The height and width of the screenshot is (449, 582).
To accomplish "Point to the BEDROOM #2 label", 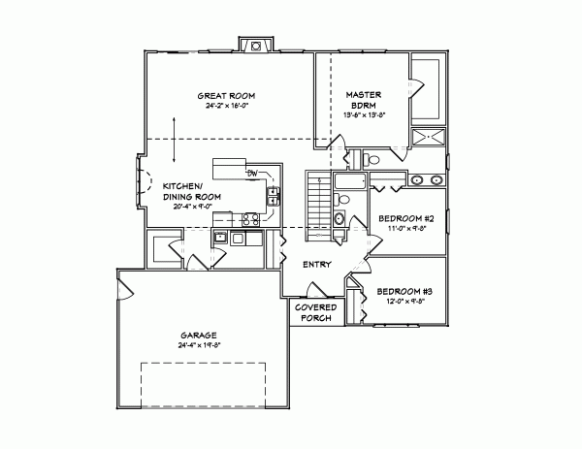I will coord(405,220).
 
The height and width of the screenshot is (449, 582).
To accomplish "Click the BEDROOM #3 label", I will coord(404,292).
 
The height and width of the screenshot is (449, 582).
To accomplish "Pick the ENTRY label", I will coord(317,264).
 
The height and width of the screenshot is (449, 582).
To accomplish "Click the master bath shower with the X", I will coord(428,137).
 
